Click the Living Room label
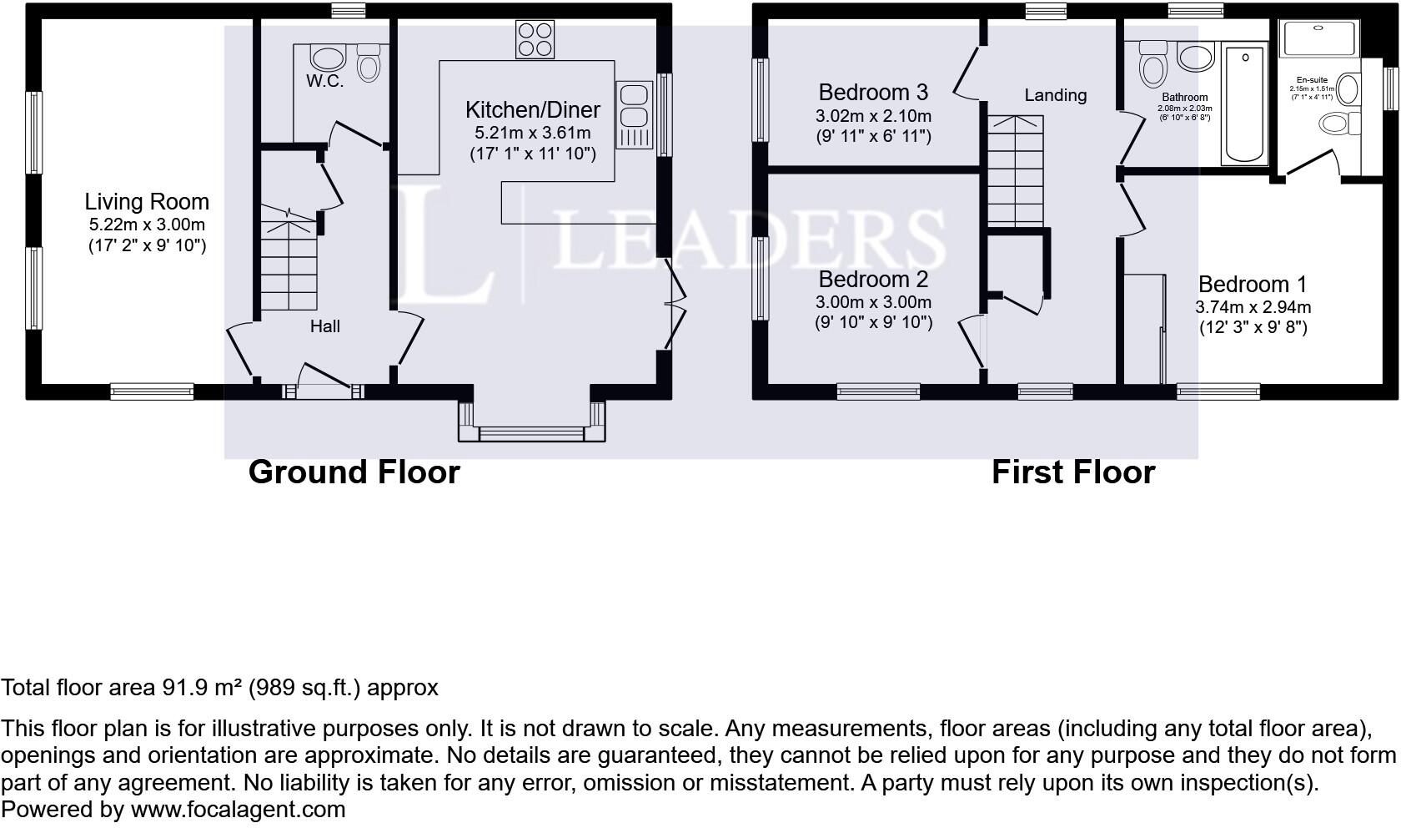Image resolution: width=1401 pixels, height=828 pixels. (147, 202)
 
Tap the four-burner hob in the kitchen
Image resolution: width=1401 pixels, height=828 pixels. (535, 39)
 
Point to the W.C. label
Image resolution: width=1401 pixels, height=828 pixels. (324, 81)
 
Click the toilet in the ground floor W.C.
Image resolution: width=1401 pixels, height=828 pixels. (368, 63)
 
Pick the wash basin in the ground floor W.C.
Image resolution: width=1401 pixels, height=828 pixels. (328, 58)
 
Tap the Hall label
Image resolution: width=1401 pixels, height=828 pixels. (324, 326)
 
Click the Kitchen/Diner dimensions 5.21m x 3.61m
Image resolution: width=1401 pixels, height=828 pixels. (532, 133)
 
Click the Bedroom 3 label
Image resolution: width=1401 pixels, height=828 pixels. (873, 92)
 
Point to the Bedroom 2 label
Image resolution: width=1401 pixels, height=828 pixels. (873, 279)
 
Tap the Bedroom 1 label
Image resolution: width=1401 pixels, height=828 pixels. (1253, 285)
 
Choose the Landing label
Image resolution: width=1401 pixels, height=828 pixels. (1055, 95)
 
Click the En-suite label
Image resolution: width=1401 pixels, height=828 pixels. (1312, 80)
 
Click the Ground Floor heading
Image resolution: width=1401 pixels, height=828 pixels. (354, 472)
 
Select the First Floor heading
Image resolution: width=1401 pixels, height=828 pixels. (1072, 472)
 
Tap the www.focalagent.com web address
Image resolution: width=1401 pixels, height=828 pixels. (238, 810)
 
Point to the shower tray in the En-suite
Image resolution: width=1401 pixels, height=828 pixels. (1318, 38)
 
